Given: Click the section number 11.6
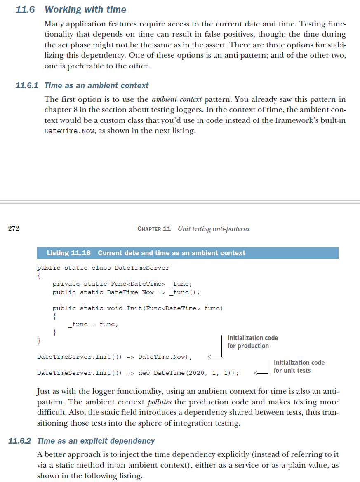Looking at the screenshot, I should [x=26, y=9].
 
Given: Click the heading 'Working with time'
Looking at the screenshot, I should [x=85, y=9].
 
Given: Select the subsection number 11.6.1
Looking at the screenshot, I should [x=26, y=86].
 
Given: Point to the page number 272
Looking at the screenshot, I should [x=14, y=228].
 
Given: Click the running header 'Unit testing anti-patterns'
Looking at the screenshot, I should [x=213, y=228].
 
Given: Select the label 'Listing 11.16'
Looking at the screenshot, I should [x=69, y=253].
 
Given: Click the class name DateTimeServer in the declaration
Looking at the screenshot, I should [x=142, y=268].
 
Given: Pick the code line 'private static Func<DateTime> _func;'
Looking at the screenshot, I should [x=122, y=284].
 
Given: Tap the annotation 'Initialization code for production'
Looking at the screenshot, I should [x=252, y=342].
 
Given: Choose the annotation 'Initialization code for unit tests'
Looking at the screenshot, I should [x=299, y=367].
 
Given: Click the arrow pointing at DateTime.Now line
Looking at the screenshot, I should [x=212, y=357].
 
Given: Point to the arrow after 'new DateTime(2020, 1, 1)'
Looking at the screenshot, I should [x=259, y=373].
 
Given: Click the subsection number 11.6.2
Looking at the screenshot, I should [x=20, y=441].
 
